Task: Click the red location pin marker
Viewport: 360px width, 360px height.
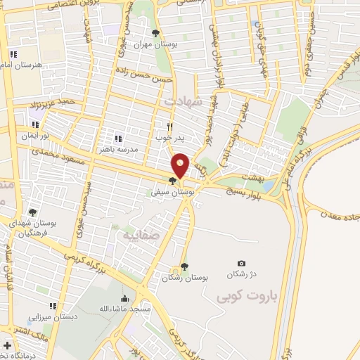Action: point(181,166)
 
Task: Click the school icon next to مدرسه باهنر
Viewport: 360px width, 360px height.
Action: point(118,139)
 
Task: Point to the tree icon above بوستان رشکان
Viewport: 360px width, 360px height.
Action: point(184,266)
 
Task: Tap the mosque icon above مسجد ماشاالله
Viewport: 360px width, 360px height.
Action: point(125,298)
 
